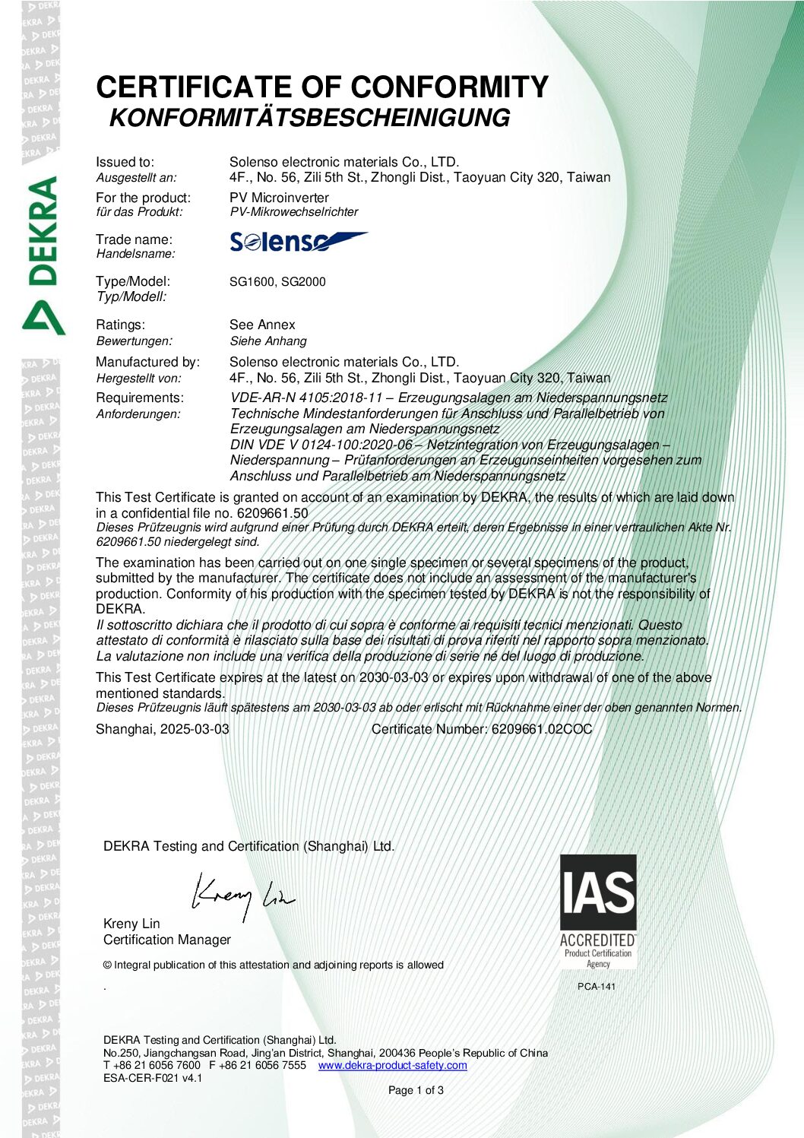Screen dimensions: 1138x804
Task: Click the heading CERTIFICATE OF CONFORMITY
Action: click(x=321, y=87)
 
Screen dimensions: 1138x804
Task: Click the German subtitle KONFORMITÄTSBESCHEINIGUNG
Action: click(x=309, y=119)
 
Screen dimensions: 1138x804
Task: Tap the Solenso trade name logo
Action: click(x=298, y=242)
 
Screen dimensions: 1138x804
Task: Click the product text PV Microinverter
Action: click(x=279, y=198)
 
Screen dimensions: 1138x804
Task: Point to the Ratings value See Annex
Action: click(x=262, y=325)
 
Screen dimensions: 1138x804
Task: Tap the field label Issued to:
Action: click(x=125, y=162)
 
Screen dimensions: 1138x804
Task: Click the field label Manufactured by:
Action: click(x=147, y=362)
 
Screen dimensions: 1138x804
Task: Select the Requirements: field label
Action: click(x=139, y=398)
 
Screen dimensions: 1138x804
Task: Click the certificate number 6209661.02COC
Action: click(x=542, y=729)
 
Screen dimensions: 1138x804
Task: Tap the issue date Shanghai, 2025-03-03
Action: click(x=162, y=729)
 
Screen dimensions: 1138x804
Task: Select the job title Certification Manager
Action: click(x=167, y=940)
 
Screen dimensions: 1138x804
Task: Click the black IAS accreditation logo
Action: click(x=598, y=893)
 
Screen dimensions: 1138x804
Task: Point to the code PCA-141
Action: click(x=597, y=987)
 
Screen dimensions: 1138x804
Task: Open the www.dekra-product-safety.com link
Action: click(x=392, y=1065)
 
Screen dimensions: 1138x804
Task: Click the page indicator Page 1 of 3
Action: click(x=416, y=1090)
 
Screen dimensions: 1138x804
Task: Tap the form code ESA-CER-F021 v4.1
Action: click(x=153, y=1078)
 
